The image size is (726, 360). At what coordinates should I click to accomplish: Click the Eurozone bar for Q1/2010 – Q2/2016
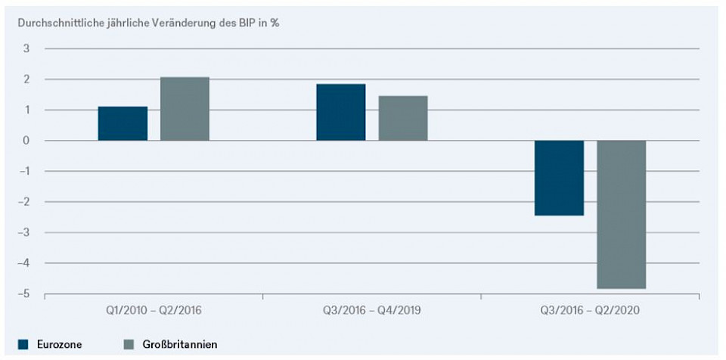coord(123,123)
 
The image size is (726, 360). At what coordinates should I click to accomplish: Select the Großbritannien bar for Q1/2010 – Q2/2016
coord(185,109)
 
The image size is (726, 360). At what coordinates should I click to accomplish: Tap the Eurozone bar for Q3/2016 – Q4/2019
coord(340,112)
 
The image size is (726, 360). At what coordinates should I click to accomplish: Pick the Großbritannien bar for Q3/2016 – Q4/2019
coord(403,118)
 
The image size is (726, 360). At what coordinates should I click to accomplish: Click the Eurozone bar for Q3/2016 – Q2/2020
coord(559,178)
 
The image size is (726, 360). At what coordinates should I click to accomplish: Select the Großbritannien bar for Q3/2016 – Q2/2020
coord(622,214)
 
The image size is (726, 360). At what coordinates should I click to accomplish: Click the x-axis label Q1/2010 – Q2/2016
coord(154,311)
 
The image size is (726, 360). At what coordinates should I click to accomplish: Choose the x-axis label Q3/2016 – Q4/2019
coord(371,311)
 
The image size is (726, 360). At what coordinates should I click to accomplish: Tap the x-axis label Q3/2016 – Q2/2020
coord(590,311)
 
